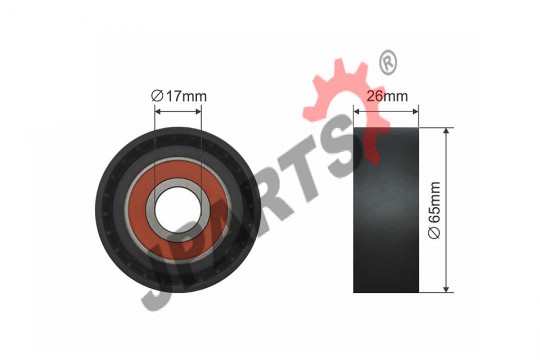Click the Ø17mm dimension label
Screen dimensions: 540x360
point(179,96)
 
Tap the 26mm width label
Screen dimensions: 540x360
point(387,96)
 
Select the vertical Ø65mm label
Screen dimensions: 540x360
point(434,210)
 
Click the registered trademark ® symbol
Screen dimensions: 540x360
point(388,62)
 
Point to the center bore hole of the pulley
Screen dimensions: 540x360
point(178,210)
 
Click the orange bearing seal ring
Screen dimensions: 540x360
point(178,210)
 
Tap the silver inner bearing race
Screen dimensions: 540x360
point(178,210)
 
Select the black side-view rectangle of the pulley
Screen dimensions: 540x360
point(386,210)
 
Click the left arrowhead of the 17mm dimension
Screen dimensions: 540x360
point(158,111)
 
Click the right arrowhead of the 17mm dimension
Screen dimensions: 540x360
point(198,111)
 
